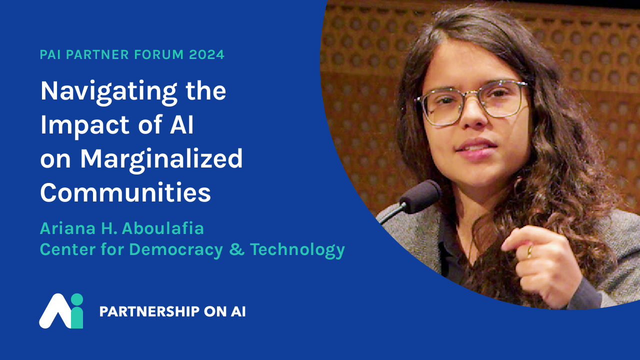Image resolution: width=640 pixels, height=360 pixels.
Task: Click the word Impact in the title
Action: [85, 125]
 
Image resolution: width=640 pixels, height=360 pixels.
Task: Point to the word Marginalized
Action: [161, 159]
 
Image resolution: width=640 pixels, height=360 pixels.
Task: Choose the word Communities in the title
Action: [125, 192]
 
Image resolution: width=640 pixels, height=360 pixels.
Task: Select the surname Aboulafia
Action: [163, 228]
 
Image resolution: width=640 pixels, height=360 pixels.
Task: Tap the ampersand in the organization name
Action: [237, 249]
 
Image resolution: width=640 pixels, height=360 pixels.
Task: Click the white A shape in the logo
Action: [55, 311]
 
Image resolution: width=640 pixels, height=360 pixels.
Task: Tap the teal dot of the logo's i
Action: [76, 299]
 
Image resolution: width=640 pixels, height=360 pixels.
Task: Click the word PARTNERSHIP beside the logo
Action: [149, 311]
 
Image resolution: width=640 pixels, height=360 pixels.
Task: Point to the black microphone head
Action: [421, 196]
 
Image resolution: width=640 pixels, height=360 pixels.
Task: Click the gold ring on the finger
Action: [529, 251]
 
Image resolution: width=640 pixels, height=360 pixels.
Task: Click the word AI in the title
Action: [181, 124]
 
